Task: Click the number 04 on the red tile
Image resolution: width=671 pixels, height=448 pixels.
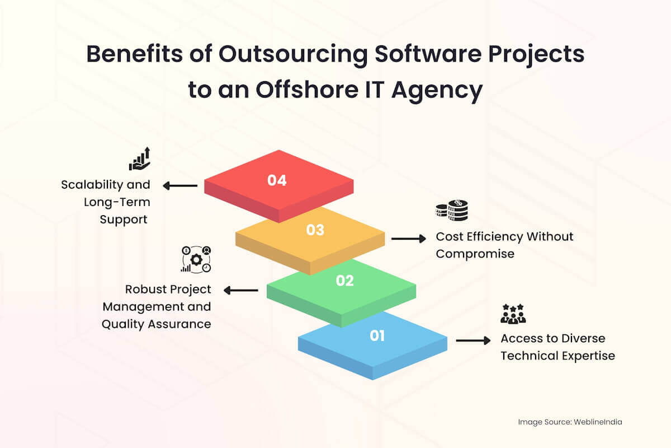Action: (277, 180)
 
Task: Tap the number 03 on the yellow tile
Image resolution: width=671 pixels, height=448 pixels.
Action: (315, 230)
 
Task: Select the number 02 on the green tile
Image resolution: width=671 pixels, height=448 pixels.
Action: (345, 281)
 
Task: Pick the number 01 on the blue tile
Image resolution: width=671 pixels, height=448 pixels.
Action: (377, 335)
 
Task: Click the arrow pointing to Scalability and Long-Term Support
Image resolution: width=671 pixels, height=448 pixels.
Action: (179, 185)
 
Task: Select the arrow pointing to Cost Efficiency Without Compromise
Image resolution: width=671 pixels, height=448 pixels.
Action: (408, 239)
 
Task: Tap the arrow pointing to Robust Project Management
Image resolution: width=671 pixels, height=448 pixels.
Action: (241, 290)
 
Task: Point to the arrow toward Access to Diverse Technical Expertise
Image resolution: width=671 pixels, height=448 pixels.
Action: (473, 340)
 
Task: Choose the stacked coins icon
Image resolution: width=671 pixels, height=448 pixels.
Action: (452, 211)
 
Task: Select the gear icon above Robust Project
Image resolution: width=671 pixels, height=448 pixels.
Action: (196, 259)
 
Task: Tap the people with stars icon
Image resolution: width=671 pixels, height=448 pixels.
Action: (513, 314)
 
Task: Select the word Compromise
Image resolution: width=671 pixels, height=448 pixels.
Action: (475, 254)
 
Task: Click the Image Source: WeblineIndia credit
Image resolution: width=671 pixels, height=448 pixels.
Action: (569, 422)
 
